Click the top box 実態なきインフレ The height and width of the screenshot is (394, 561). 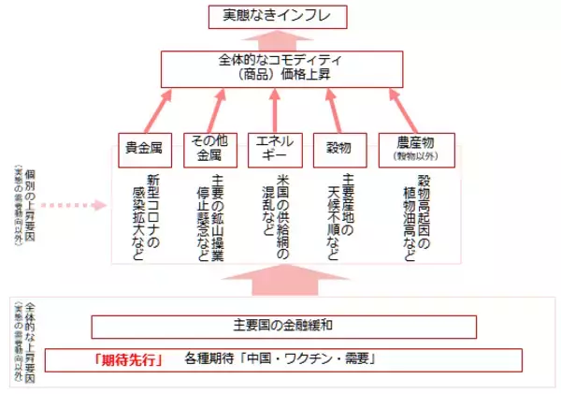point(280,16)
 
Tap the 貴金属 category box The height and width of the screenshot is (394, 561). point(146,149)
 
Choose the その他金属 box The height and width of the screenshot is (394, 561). point(205,149)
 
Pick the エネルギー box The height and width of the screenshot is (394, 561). point(275,149)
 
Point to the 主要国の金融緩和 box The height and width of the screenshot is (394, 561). point(283,326)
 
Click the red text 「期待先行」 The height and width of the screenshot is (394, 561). point(129,359)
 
